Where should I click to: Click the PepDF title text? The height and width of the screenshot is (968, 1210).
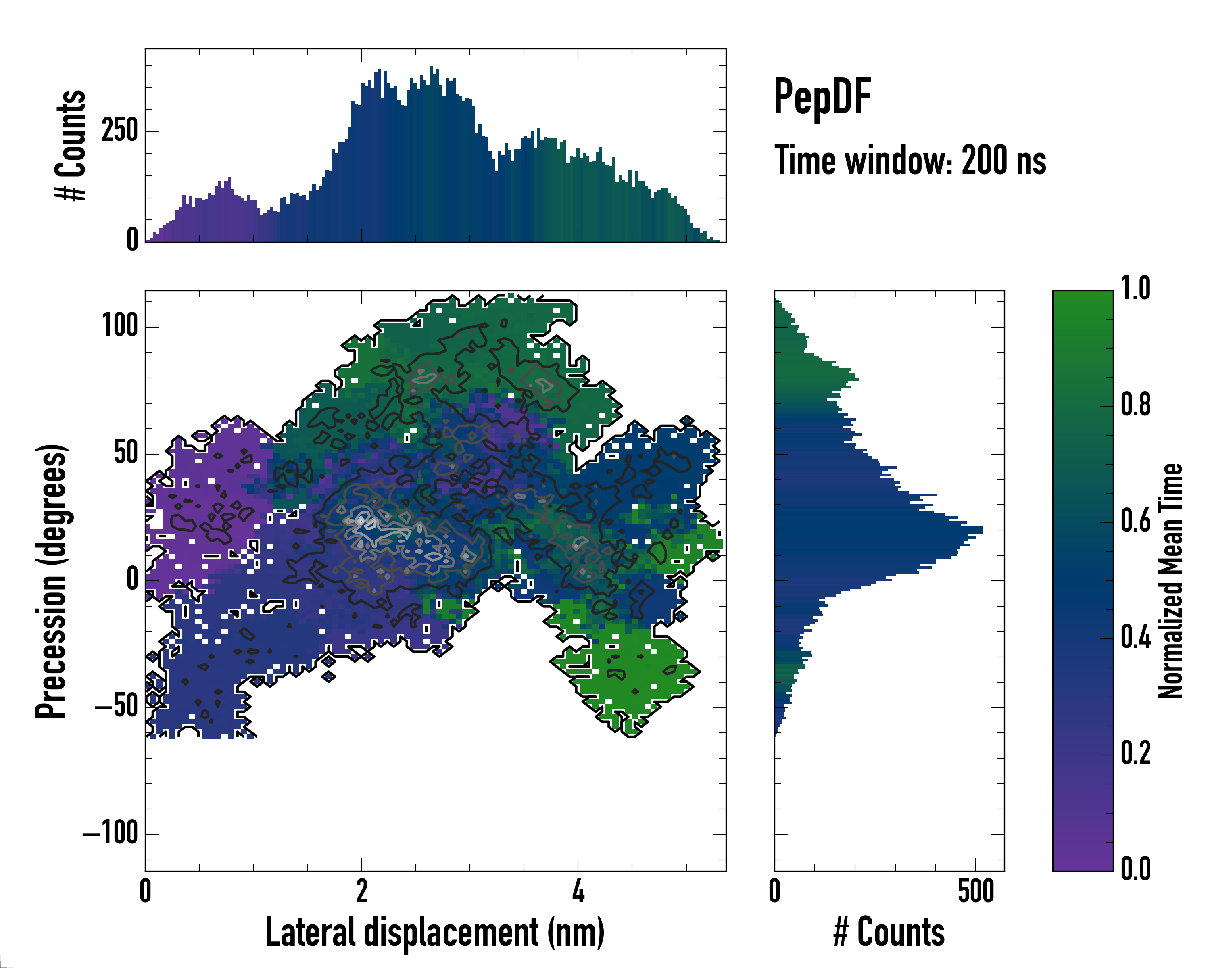point(822,98)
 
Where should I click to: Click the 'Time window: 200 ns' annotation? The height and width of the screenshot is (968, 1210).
point(910,161)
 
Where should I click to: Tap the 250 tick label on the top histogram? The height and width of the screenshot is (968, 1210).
point(119,131)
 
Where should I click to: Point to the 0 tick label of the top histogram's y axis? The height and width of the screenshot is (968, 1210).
point(132,240)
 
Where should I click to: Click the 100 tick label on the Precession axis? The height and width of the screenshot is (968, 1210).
point(119,326)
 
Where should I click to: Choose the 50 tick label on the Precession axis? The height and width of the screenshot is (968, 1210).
point(126,453)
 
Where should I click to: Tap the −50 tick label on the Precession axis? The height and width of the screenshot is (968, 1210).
point(117,707)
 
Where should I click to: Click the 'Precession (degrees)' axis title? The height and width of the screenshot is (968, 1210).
point(51,581)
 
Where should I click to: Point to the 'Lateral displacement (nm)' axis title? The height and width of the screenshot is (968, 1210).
point(435,932)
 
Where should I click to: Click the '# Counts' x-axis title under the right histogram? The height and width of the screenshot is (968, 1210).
point(889,932)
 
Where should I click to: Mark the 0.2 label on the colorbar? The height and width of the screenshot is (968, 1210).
point(1135,753)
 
